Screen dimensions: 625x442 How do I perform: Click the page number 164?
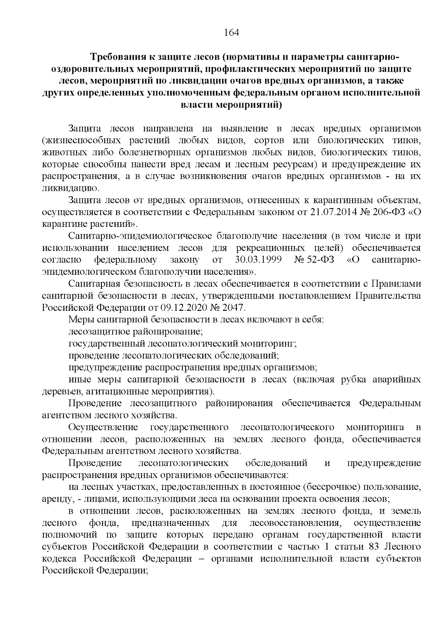click(x=232, y=33)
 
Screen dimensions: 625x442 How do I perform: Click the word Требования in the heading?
click(x=118, y=57)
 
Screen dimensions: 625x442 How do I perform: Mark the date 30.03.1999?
click(x=258, y=260)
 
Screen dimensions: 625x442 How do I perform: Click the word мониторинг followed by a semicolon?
click(x=268, y=344)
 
